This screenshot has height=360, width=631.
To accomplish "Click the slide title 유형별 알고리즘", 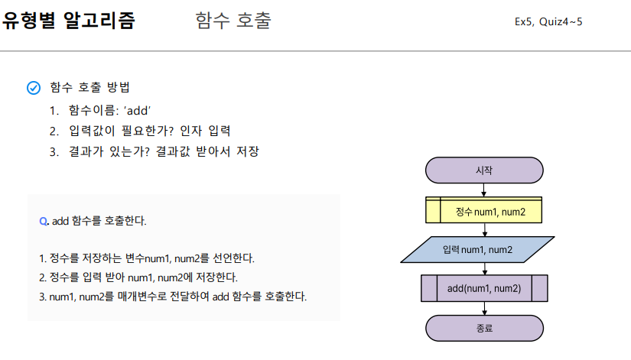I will click(69, 21).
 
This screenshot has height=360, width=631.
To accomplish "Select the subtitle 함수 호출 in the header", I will click(233, 21).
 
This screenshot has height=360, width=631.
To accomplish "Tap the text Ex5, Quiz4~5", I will click(548, 21).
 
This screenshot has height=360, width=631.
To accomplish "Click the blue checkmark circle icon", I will click(34, 88).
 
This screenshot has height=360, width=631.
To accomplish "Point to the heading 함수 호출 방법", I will click(95, 88).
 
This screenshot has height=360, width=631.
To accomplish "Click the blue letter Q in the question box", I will click(43, 221).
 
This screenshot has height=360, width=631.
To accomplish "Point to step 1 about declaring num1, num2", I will click(146, 258).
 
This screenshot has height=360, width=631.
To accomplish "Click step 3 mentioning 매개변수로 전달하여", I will click(173, 296).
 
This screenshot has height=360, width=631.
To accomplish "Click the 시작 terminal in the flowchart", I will click(483, 170).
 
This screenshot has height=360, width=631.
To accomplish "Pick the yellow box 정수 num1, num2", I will click(483, 210).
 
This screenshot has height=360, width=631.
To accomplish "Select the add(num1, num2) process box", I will click(483, 288).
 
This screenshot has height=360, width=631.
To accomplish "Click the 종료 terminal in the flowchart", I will click(483, 328).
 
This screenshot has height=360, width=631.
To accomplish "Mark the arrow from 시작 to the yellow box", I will click(483, 190).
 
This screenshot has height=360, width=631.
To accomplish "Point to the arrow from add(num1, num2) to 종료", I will click(483, 308).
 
